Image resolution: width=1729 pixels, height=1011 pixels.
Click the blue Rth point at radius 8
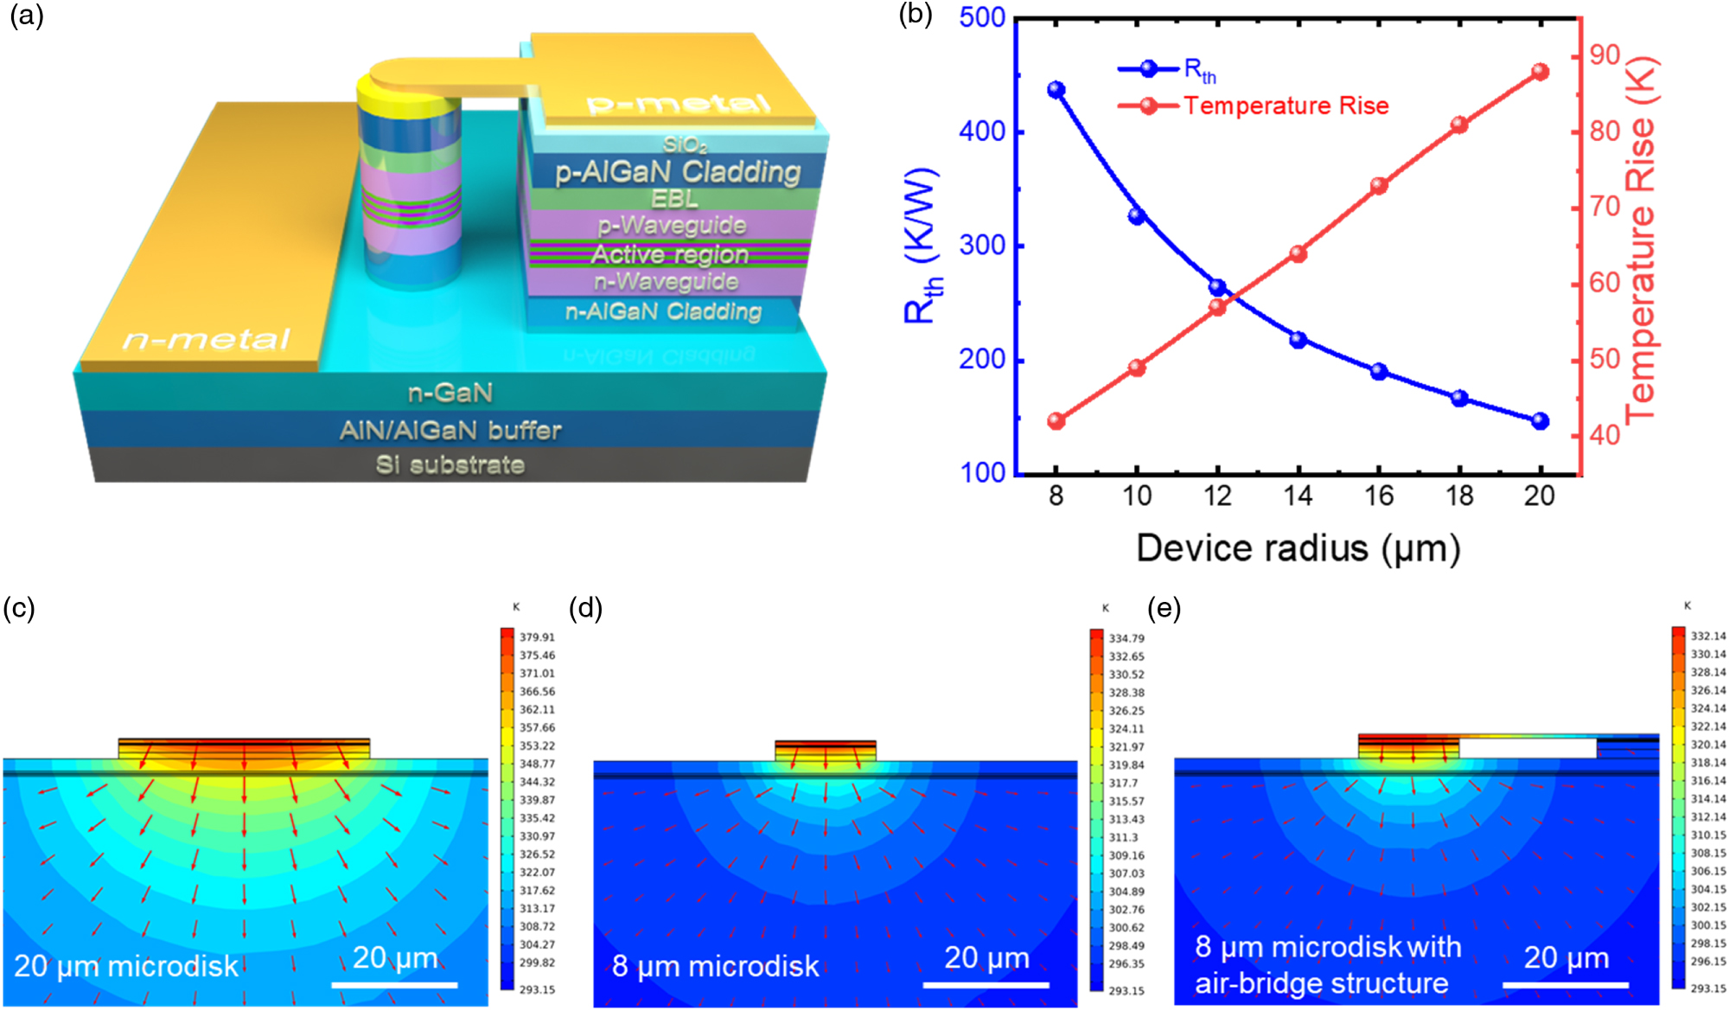pos(1056,90)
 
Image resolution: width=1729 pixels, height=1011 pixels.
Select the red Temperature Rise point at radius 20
pos(1540,72)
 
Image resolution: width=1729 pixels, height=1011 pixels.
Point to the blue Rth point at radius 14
pos(1298,340)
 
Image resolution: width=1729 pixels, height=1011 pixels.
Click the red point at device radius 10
pos(1137,368)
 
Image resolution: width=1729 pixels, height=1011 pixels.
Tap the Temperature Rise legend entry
pos(1286,106)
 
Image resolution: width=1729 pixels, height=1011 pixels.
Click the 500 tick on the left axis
pos(982,17)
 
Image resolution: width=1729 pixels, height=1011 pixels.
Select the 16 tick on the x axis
pos(1379,496)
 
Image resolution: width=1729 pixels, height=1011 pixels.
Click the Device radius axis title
pos(1298,548)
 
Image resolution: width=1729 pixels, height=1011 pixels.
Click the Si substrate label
pos(450,464)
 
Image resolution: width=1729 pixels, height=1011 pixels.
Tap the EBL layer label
pos(674,199)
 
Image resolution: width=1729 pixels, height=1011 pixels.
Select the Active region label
pos(670,254)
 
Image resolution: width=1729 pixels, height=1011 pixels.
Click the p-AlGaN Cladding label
pos(678,171)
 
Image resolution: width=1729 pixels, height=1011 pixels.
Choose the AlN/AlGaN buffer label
pos(450,430)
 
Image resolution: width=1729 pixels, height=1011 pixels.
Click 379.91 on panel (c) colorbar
pos(537,637)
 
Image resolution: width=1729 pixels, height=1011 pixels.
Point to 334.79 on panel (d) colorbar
pos(1126,638)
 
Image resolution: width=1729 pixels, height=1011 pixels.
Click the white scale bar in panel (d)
pos(986,984)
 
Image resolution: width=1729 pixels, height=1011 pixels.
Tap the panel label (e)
pos(1164,608)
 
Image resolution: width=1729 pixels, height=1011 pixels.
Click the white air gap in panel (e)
pos(1527,748)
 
